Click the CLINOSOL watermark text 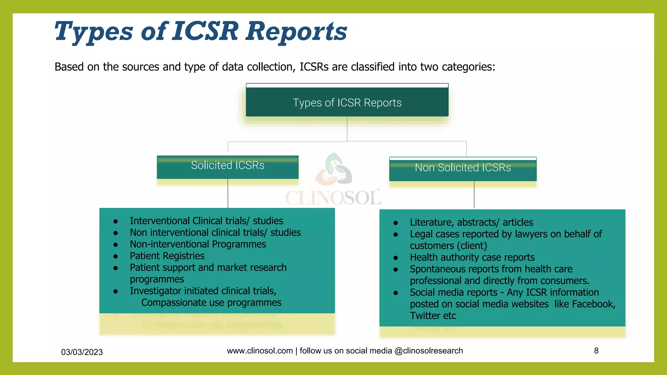333,198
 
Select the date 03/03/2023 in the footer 82,352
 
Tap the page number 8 596,351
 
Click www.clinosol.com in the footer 260,351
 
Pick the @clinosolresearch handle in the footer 428,351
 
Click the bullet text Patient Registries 167,256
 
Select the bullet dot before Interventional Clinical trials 115,221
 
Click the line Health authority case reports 472,257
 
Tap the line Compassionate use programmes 211,303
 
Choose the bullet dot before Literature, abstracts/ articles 395,223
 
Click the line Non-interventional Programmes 198,244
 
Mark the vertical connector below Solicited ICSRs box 228,193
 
